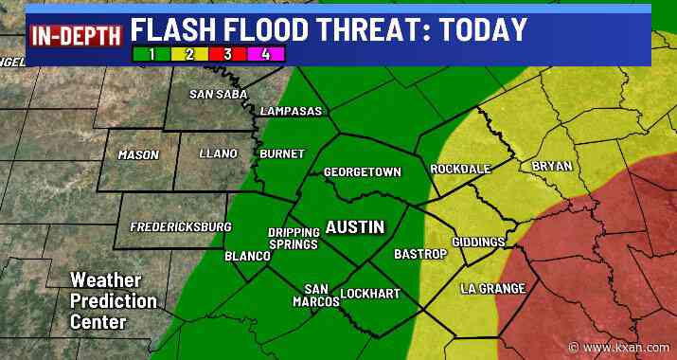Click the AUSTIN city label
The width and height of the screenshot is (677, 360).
[355, 227]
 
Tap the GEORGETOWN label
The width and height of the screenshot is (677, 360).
[363, 172]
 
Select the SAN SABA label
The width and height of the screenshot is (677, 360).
[219, 94]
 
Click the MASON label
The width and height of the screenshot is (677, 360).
[138, 154]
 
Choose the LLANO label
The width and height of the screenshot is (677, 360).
[219, 153]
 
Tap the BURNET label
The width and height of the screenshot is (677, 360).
[282, 153]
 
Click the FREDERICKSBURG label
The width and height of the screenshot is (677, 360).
[181, 227]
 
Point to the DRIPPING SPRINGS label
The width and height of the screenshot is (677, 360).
[293, 239]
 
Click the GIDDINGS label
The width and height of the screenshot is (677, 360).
[478, 243]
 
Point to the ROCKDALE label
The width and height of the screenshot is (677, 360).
[460, 169]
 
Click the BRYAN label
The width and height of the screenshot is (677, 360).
[552, 166]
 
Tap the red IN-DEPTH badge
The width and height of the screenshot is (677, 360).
[77, 37]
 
